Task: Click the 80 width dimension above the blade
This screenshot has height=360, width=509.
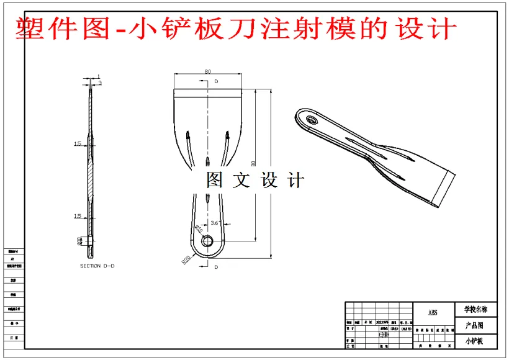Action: tap(207, 72)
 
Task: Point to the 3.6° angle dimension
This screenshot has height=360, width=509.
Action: tap(216, 222)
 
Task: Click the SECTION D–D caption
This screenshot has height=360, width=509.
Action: tap(97, 266)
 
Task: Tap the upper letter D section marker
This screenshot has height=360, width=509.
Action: tap(216, 81)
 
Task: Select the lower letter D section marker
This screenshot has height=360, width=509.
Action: tap(216, 267)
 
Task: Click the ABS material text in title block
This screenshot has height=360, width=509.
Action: tap(433, 312)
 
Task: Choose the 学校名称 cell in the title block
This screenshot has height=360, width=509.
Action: tap(475, 309)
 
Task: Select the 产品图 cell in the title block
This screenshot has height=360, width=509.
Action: tap(474, 325)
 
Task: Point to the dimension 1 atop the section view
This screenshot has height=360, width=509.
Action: tap(98, 76)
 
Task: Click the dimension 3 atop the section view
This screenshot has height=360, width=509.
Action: tap(100, 83)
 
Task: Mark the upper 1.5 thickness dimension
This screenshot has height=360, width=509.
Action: tap(78, 144)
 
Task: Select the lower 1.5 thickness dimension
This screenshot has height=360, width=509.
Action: tap(78, 216)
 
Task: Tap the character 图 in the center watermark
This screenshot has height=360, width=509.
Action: tap(215, 181)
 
